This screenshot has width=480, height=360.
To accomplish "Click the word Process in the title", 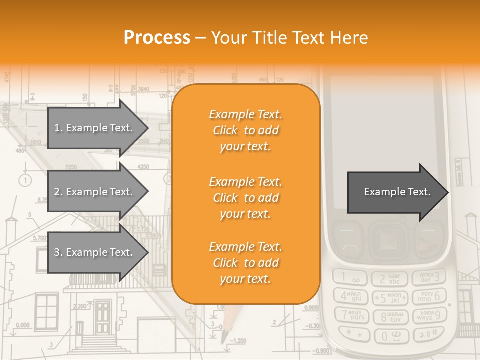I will pos(157,38).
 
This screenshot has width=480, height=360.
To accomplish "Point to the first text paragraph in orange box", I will pos(245,130).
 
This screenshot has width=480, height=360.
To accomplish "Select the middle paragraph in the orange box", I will pos(245,197).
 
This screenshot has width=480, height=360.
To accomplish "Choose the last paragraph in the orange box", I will pos(245,263).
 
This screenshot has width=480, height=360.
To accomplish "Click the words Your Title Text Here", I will pos(290,38).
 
